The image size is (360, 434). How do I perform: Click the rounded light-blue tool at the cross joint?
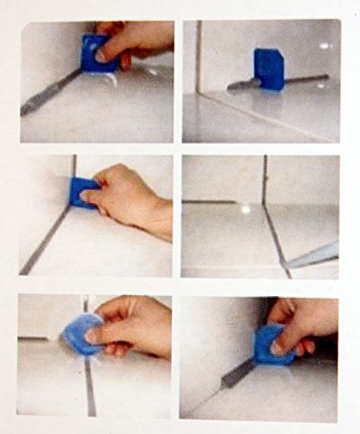(84, 332)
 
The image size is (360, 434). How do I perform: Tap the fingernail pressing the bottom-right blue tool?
(278, 348)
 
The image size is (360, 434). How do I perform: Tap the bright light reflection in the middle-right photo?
(245, 208)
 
